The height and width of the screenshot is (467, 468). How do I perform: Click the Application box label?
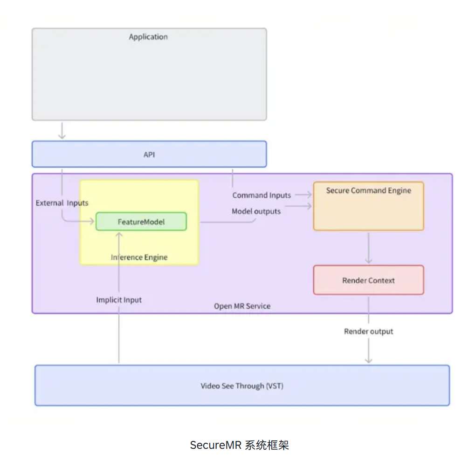point(148,37)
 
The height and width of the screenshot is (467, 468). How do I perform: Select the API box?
point(149,154)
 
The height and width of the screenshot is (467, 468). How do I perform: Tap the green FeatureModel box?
point(141,222)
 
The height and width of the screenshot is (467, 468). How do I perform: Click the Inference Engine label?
point(139,257)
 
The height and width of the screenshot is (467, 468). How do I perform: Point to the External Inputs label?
point(62,203)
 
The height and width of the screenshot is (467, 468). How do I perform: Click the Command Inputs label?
point(262,195)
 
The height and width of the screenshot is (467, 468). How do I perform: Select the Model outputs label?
point(256,211)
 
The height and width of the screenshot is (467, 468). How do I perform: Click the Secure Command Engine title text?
point(369,190)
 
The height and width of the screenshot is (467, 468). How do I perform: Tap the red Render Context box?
point(369,280)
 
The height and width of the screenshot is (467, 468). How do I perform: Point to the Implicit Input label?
point(119,300)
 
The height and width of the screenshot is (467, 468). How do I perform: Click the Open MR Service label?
point(242,306)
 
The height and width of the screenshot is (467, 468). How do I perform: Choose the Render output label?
point(369,332)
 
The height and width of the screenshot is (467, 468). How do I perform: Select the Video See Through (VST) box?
point(242,386)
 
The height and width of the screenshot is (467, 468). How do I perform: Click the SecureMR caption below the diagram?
point(240,445)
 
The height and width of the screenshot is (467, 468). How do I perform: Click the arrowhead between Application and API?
point(62,136)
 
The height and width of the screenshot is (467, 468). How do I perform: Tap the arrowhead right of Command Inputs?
point(309,195)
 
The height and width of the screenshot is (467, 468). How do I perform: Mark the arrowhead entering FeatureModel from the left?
point(91,221)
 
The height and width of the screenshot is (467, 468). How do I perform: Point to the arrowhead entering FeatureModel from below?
point(119,235)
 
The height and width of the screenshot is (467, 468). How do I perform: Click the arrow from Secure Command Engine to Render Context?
point(369,248)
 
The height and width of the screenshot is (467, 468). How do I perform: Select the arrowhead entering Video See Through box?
point(369,361)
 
